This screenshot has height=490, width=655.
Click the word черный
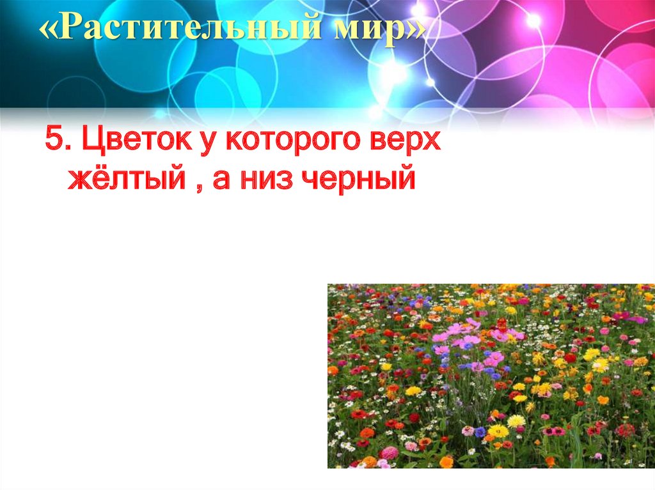[358, 180]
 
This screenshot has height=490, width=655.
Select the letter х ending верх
[433, 142]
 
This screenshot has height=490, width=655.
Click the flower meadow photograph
[491, 376]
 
